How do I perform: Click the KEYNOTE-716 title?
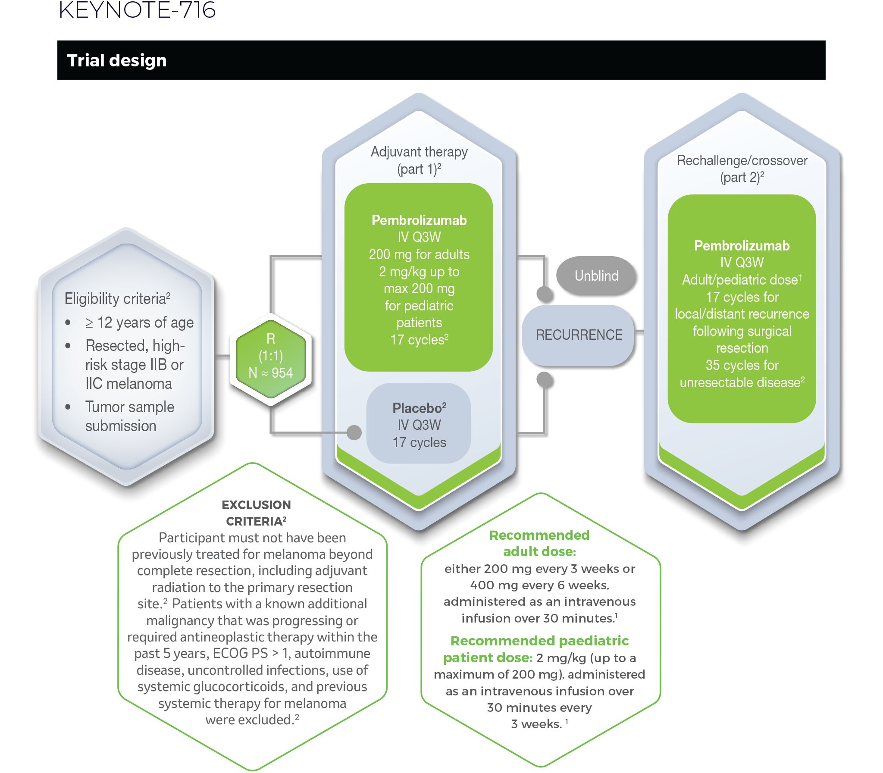[137, 10]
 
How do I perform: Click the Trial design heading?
[116, 60]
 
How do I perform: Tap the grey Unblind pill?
[596, 275]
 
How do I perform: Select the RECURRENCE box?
[579, 335]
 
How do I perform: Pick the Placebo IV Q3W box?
[419, 425]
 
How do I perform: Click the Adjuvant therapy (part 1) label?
[419, 160]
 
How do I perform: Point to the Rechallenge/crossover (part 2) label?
[742, 169]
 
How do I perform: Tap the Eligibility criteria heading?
[117, 298]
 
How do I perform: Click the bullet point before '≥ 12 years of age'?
[68, 322]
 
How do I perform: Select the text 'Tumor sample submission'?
[129, 416]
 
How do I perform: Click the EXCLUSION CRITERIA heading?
[256, 513]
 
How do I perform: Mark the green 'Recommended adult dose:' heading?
[539, 543]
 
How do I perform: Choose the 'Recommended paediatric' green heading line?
[539, 641]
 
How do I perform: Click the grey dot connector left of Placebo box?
[354, 432]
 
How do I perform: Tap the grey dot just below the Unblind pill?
[545, 294]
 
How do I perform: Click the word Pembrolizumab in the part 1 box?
[419, 220]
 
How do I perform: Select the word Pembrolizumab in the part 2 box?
[742, 246]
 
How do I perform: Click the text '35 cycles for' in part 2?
[742, 365]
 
